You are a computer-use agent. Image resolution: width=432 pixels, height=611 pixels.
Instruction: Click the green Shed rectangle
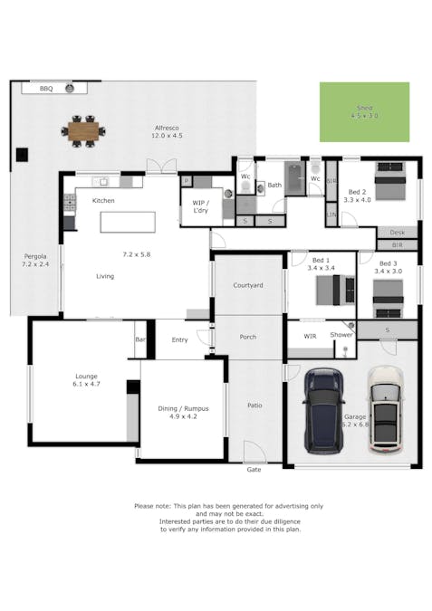coord(364,112)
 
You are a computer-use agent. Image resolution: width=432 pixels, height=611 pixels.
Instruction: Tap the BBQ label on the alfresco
coord(46,89)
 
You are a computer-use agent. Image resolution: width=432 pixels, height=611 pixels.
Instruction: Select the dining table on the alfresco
coord(83,131)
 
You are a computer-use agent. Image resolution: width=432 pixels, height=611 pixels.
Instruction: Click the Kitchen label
coord(102,200)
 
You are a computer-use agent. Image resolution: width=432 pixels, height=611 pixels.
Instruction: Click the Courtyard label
coord(247,285)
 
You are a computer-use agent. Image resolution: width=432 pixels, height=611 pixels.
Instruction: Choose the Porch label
coord(247,337)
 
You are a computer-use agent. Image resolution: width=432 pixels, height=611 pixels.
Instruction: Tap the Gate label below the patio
coord(254,470)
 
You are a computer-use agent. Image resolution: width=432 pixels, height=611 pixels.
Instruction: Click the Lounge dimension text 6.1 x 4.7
coord(87,384)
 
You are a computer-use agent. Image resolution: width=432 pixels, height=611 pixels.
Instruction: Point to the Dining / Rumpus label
coord(185,408)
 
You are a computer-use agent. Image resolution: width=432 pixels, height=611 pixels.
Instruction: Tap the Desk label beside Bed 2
coord(397,233)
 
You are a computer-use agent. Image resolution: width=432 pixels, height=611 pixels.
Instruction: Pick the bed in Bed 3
coord(388,291)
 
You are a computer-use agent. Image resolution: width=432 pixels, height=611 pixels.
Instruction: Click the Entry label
coord(178,339)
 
